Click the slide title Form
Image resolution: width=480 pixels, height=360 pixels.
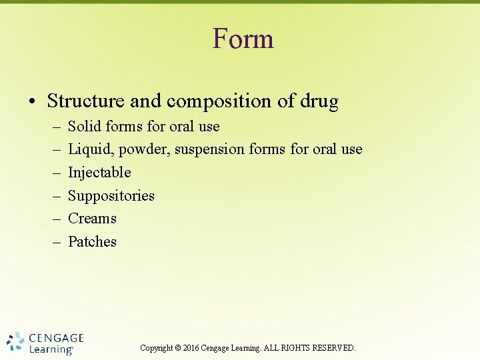(243, 39)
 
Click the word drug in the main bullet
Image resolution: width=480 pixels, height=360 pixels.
(319, 101)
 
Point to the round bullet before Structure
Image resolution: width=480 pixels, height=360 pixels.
(32, 102)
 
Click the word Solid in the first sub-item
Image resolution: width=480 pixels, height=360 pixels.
(84, 127)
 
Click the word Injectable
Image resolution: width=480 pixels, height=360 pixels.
(99, 173)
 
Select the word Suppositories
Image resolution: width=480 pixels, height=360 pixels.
(111, 196)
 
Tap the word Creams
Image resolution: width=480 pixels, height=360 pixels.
(92, 219)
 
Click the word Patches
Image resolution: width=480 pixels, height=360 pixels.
(92, 242)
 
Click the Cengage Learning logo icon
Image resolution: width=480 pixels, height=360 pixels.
(15, 341)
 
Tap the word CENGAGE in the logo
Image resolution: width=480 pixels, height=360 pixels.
(56, 338)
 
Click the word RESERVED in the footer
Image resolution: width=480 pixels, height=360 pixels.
(335, 348)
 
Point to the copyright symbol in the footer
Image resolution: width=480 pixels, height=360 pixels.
(177, 348)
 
